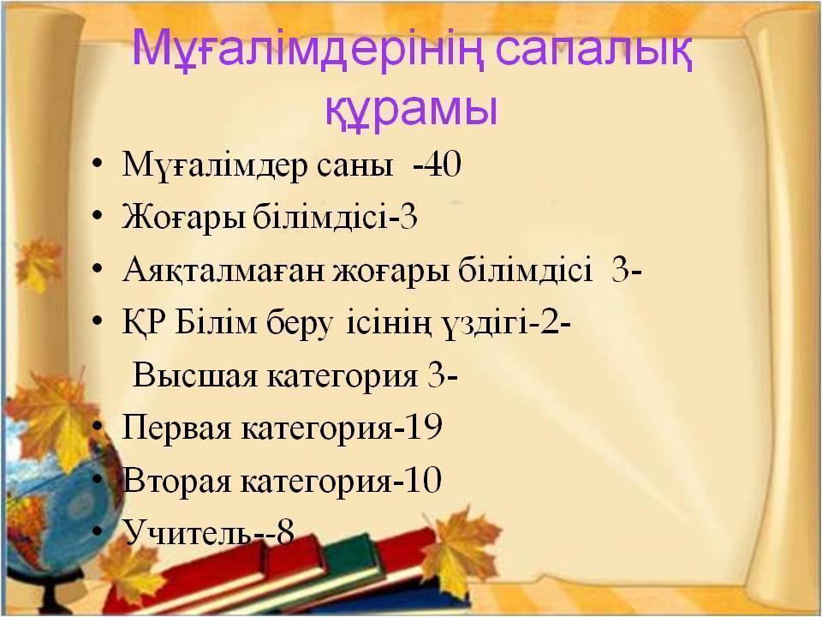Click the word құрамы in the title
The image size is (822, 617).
coord(411,108)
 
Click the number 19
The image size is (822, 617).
coord(424,426)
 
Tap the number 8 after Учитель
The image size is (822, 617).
coord(286,532)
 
